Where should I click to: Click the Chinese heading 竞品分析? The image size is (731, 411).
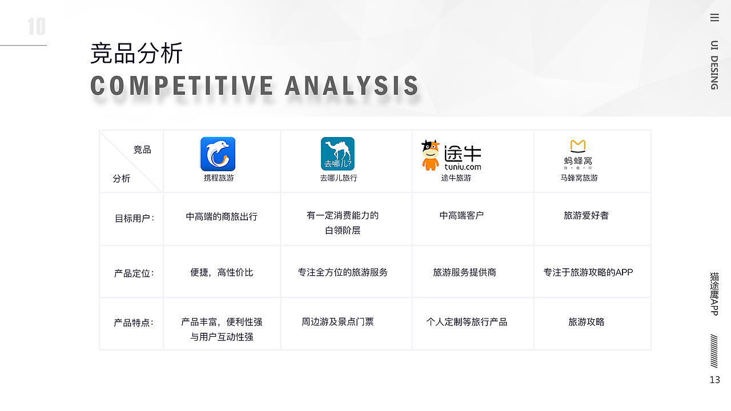coord(136,54)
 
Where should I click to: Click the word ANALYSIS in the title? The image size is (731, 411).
coord(352,86)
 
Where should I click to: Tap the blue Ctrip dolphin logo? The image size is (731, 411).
coord(218,154)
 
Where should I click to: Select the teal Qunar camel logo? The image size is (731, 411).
coord(338,154)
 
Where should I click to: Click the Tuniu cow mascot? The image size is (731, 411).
coord(430,155)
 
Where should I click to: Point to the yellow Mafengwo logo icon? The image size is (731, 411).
coord(578,146)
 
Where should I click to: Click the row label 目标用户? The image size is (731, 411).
coord(134,218)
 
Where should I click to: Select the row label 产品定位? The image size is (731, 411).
coord(134,273)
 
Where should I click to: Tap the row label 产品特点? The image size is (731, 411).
coord(134,323)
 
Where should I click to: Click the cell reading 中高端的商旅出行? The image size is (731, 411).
coord(222,216)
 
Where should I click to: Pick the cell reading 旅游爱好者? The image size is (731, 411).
coord(586,215)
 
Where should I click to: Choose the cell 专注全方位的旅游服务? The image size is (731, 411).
coord(343,272)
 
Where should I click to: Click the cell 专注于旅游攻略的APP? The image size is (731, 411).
coord(588,272)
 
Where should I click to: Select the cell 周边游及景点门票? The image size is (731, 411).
coord(338,322)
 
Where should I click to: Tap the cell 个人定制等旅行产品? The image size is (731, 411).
coord(467,322)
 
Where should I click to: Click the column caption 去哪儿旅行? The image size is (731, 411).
coord(338,178)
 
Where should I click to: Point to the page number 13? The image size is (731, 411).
coord(714,380)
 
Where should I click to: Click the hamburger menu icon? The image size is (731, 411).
coord(714,18)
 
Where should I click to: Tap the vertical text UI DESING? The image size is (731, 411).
coord(714,65)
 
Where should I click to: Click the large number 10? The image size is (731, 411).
coord(37,27)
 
